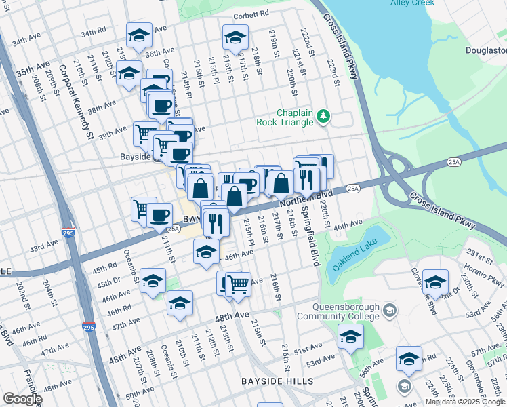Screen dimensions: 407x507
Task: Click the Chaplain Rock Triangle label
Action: pos(285,117)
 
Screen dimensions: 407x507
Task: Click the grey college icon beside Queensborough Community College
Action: pos(390,311)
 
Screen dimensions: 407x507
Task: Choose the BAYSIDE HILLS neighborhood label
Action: pos(277,382)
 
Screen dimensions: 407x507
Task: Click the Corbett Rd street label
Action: pos(251,14)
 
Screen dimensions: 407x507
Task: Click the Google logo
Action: pos(22,399)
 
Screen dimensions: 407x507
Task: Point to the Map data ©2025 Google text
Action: pos(465,402)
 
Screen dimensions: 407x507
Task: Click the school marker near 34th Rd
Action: pos(139,35)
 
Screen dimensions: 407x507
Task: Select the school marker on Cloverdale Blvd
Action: pos(434,281)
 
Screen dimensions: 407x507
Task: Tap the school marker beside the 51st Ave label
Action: pos(350,336)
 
